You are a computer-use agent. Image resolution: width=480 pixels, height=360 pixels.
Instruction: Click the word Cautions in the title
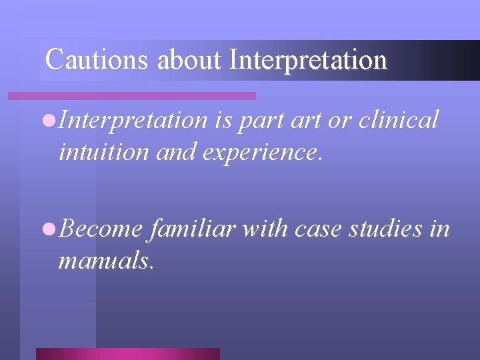click(97, 59)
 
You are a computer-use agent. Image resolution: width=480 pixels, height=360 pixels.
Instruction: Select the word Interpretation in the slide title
click(307, 59)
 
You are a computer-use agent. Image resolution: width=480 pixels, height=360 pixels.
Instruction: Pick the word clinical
click(399, 120)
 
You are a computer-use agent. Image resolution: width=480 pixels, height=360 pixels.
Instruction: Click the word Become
click(100, 229)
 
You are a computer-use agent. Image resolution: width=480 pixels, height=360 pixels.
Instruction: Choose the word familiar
click(193, 229)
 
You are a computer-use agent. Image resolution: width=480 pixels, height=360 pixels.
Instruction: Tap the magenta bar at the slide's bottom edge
click(127, 353)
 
